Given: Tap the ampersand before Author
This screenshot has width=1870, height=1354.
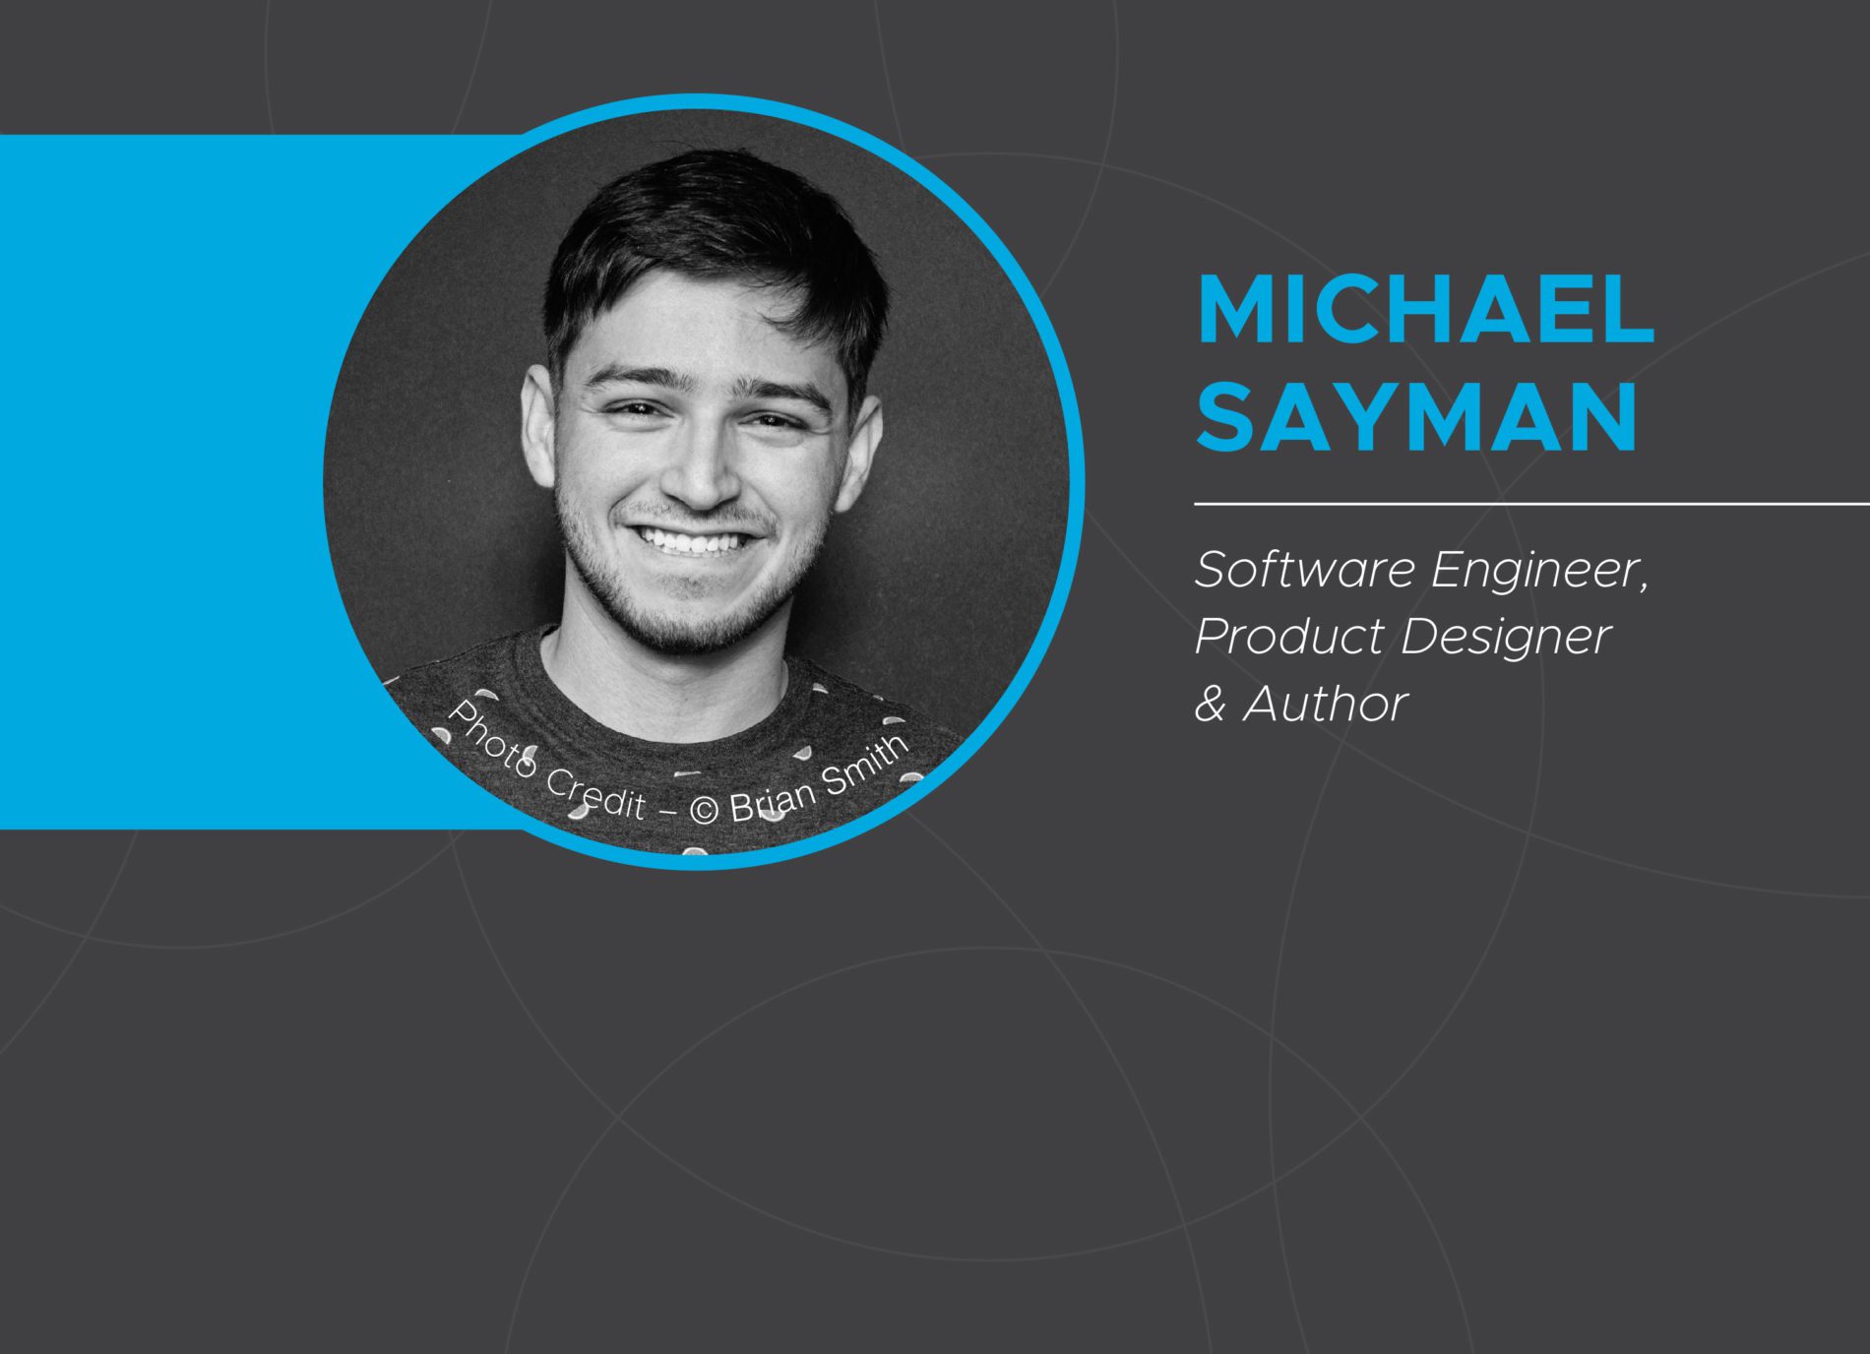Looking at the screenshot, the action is [1211, 705].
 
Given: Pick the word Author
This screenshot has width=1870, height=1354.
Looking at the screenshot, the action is [1325, 705].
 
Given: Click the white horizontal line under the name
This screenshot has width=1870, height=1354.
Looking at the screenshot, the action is [1532, 504].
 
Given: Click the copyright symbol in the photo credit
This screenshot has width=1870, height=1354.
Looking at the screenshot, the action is [705, 810].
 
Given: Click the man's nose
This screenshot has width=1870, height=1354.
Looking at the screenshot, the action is [701, 462].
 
